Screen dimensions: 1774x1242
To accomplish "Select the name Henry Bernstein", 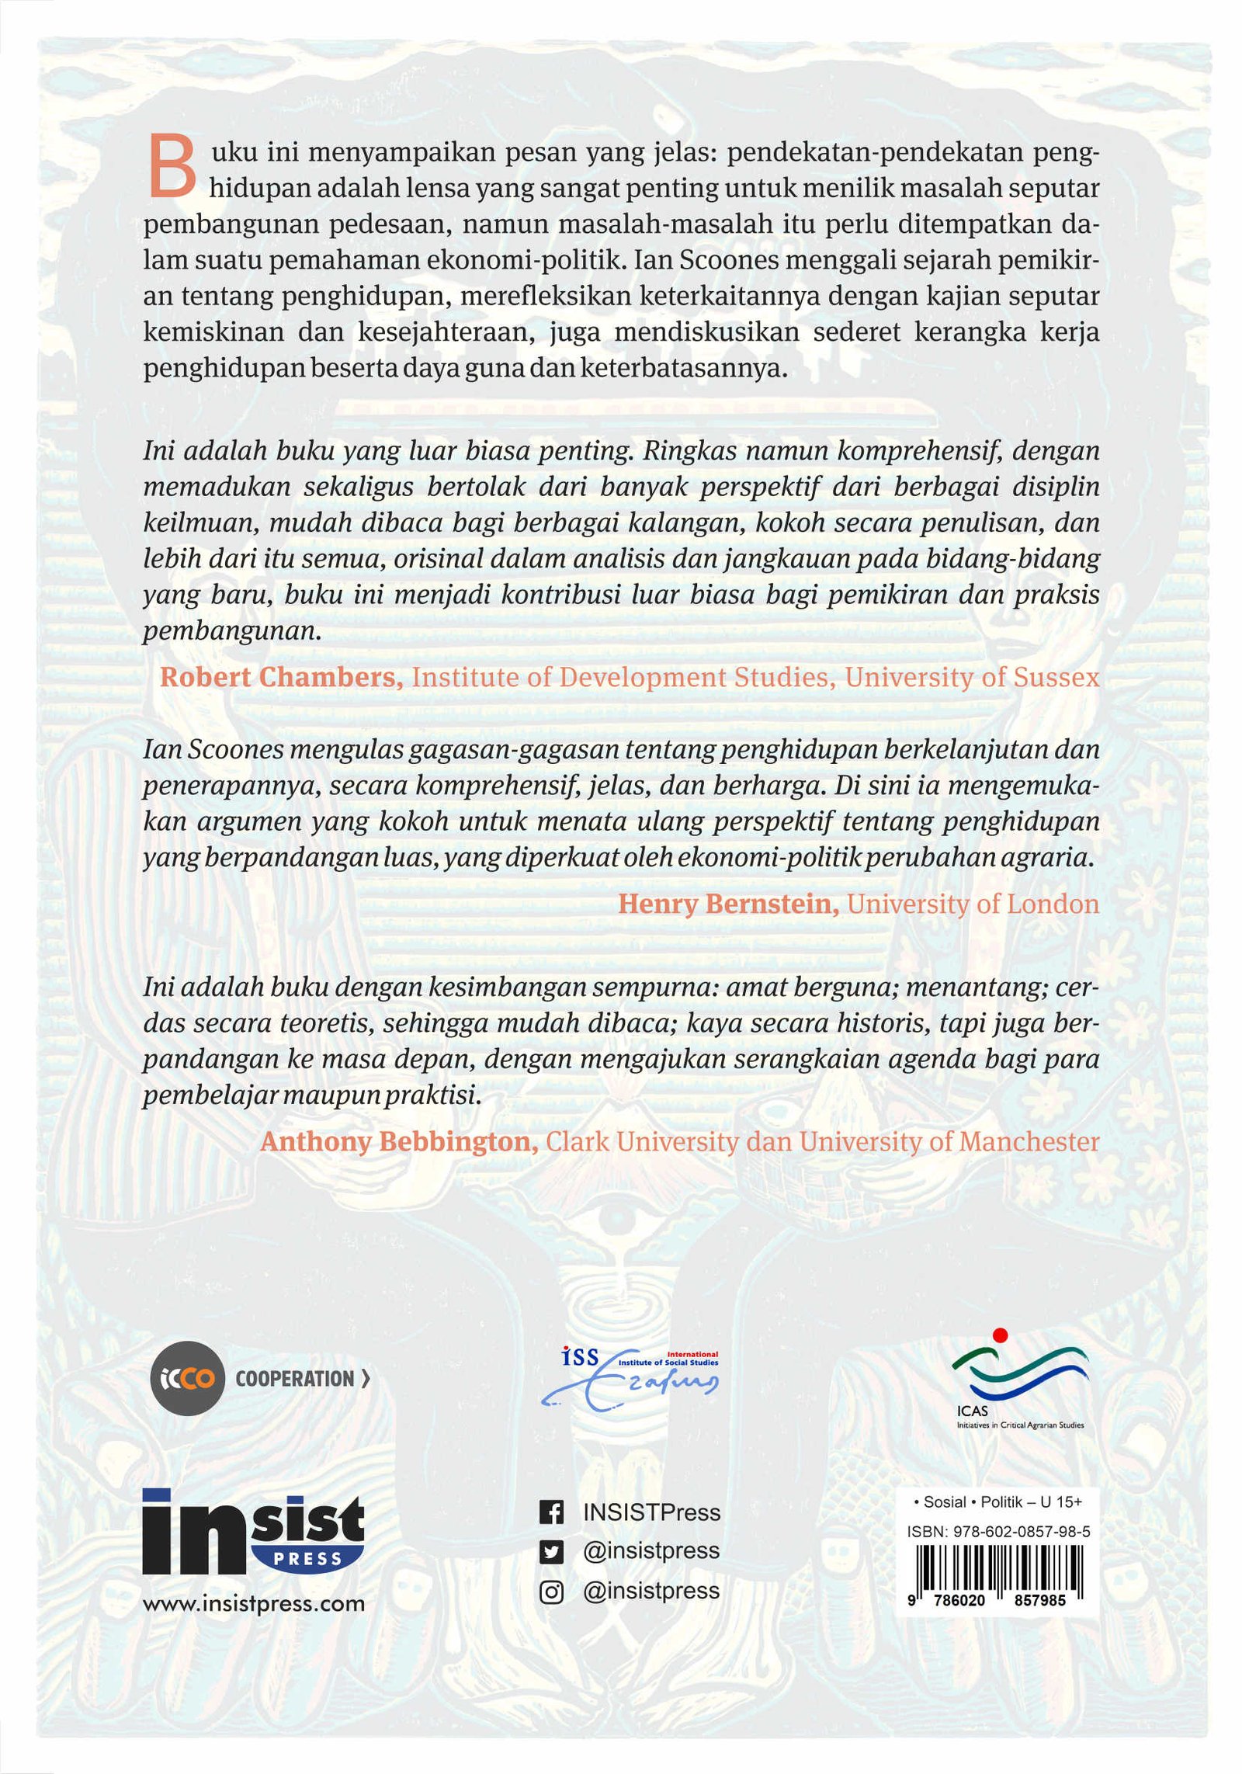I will tap(727, 904).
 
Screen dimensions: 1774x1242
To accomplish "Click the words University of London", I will tap(973, 904).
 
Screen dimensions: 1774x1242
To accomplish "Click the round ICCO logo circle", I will tap(186, 1379).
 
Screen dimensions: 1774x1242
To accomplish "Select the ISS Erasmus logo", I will tap(629, 1379).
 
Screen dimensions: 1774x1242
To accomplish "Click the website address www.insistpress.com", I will tap(253, 1604).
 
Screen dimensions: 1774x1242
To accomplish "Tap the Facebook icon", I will tap(550, 1512).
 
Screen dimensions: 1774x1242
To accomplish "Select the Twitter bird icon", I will tap(550, 1552).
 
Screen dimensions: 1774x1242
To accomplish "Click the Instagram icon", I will tap(550, 1592).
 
